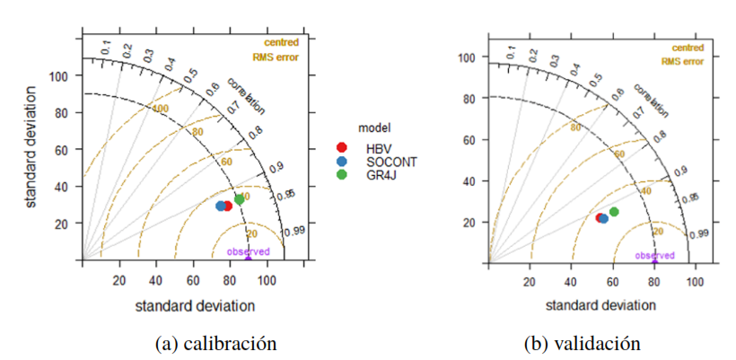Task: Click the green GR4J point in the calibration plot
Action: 239,199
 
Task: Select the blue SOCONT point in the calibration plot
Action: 221,206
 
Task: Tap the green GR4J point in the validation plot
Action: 614,212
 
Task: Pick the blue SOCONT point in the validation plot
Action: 603,218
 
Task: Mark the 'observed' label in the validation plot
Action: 654,255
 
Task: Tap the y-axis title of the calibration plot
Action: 31,150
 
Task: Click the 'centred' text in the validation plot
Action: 687,47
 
